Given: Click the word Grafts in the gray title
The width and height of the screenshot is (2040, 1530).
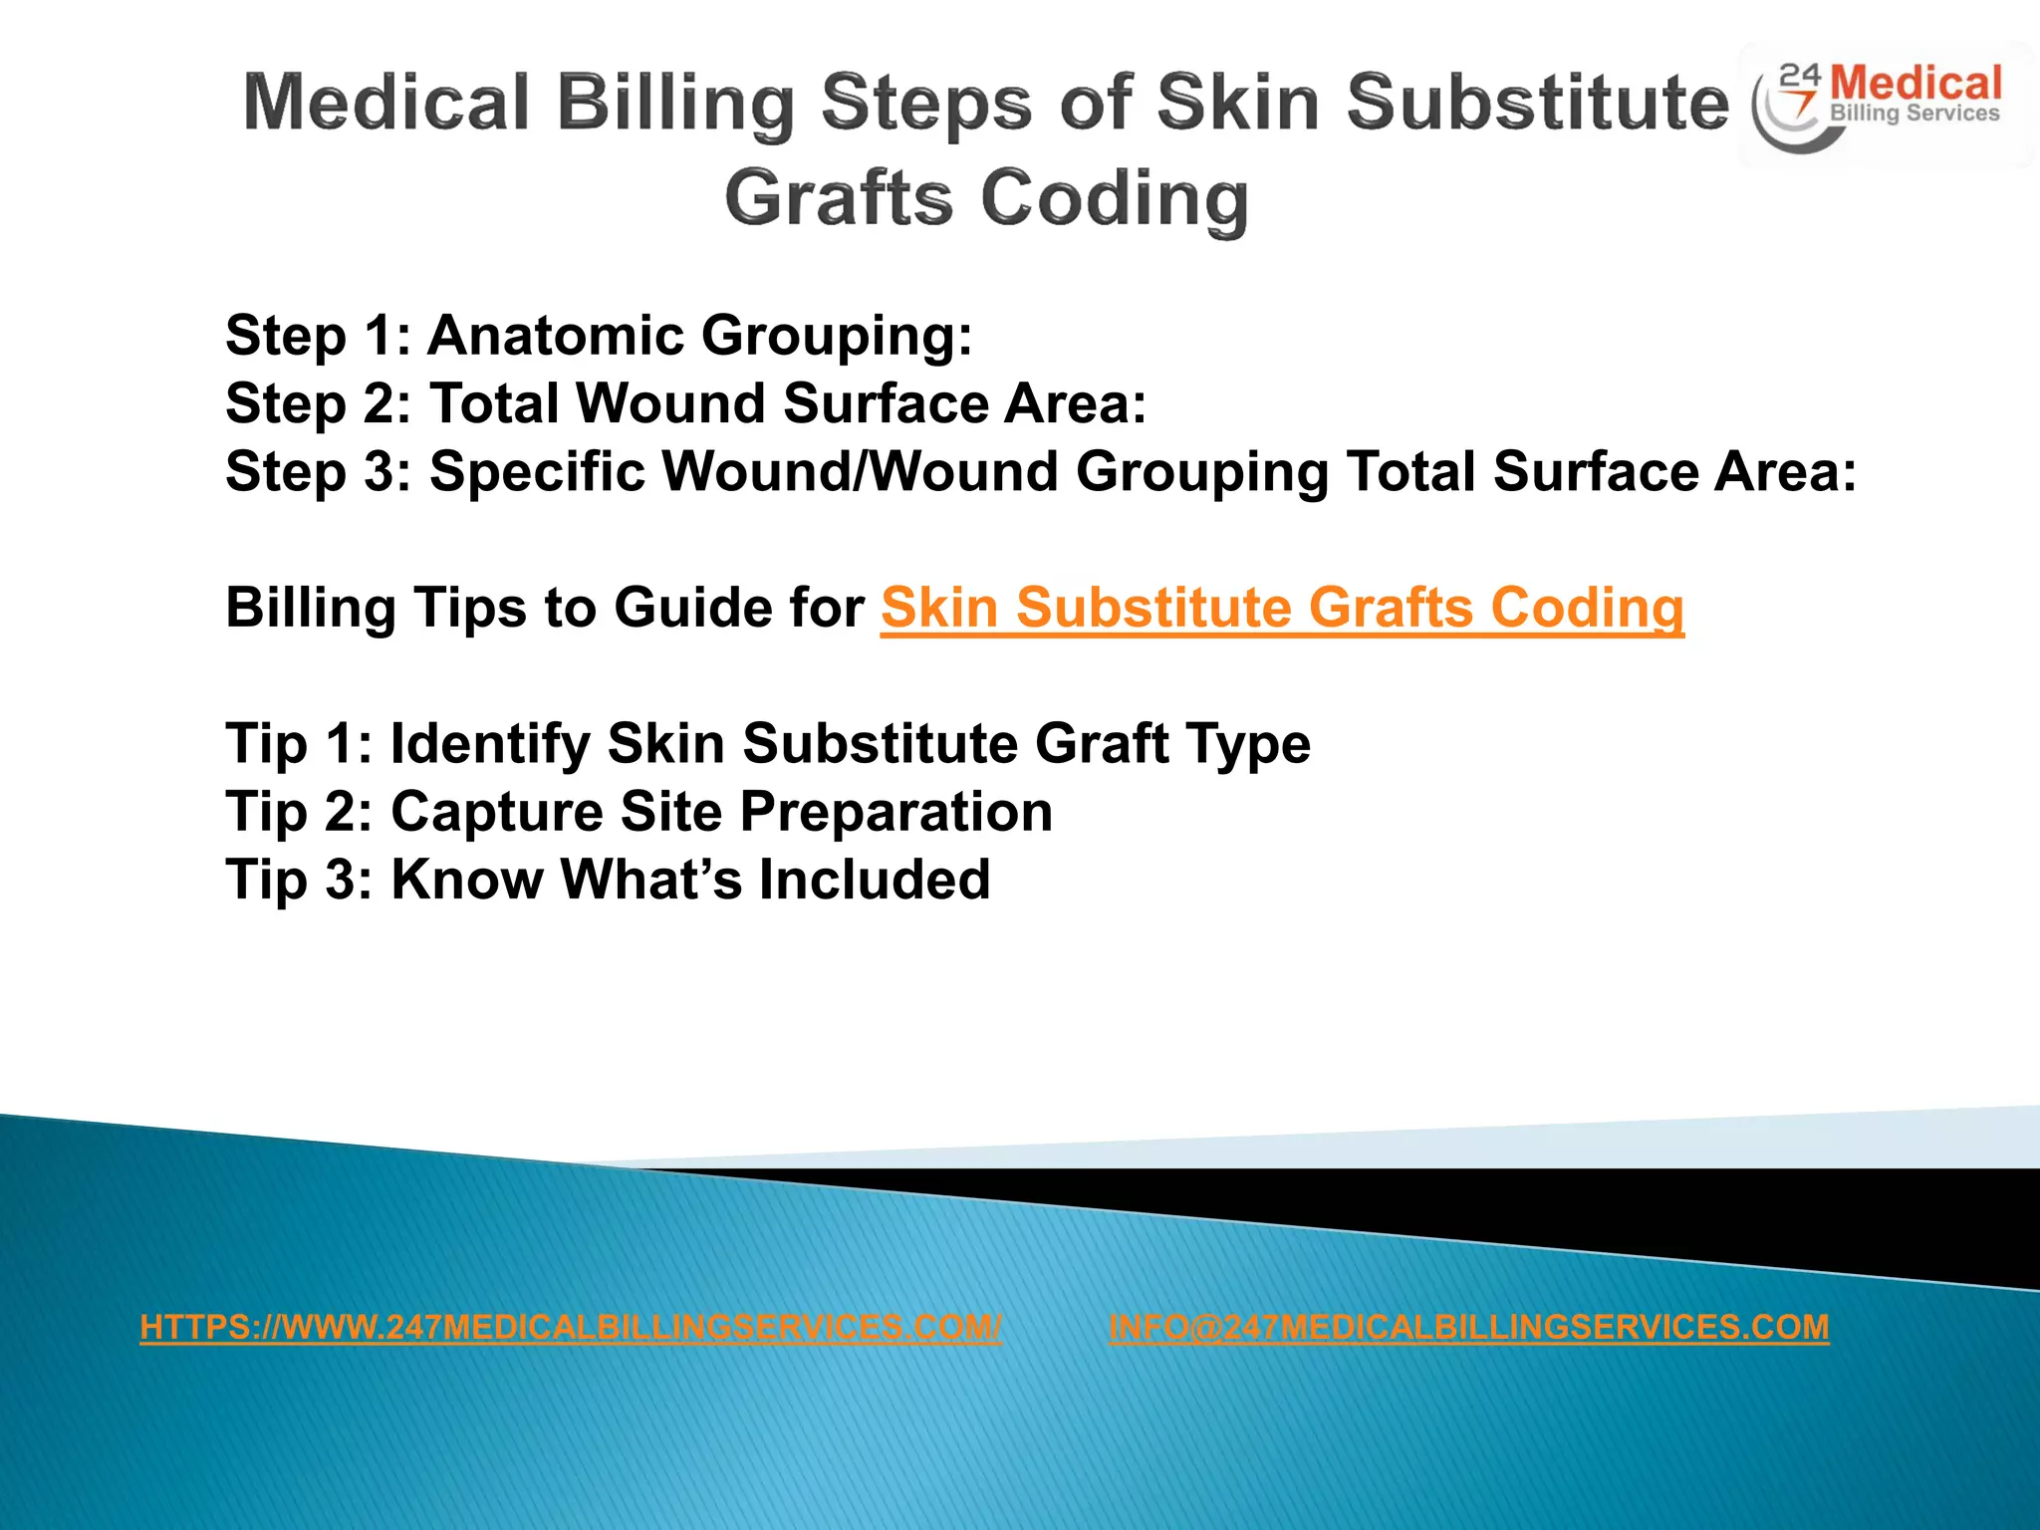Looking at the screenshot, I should pyautogui.click(x=839, y=197).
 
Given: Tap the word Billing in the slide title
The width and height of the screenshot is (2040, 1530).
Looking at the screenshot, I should pyautogui.click(x=674, y=103).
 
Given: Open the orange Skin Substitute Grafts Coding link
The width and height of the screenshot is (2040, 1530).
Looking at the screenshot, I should pyautogui.click(x=1282, y=608).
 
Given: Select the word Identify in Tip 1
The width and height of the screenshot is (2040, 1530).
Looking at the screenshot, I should pyautogui.click(x=489, y=744).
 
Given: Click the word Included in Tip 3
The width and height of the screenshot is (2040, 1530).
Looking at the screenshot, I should pyautogui.click(x=874, y=880).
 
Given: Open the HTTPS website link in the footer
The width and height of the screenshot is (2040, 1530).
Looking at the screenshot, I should pyautogui.click(x=570, y=1327).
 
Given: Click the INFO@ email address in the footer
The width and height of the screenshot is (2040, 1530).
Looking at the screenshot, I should pyautogui.click(x=1468, y=1327).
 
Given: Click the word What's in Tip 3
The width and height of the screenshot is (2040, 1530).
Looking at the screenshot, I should pyautogui.click(x=650, y=880).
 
